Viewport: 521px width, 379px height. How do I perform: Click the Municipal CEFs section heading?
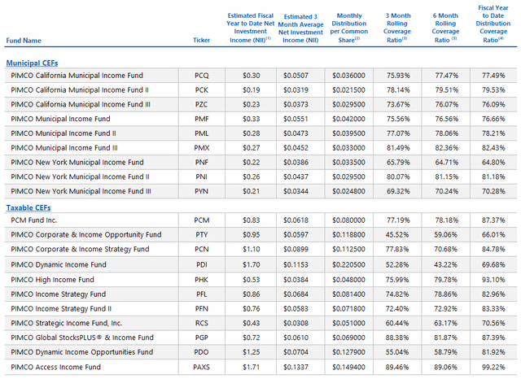click(32, 63)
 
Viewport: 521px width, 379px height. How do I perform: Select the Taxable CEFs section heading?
click(28, 208)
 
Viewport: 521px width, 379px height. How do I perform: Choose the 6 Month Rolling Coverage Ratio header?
click(445, 27)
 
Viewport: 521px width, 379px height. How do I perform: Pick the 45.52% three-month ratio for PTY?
click(399, 234)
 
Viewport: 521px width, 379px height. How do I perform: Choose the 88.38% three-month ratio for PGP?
click(399, 337)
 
